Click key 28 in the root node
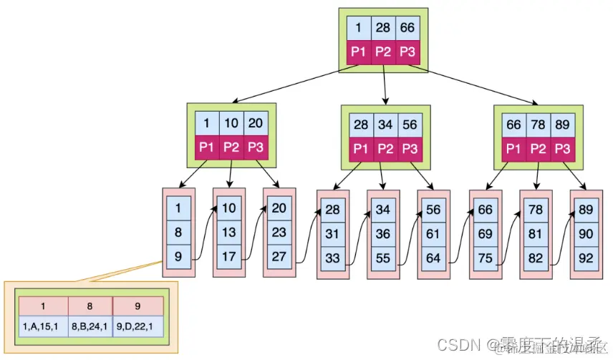pos(383,29)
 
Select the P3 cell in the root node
pos(407,52)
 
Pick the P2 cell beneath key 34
pos(385,149)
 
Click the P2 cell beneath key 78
pos(538,149)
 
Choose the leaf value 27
pos(279,256)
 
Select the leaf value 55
pos(383,258)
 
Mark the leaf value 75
pos(485,258)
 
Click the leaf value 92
pos(586,258)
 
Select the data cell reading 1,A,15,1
pos(43,326)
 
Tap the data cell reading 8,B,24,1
pos(90,326)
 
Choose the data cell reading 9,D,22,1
pos(137,326)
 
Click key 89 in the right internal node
pos(562,125)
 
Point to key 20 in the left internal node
pos(255,122)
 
